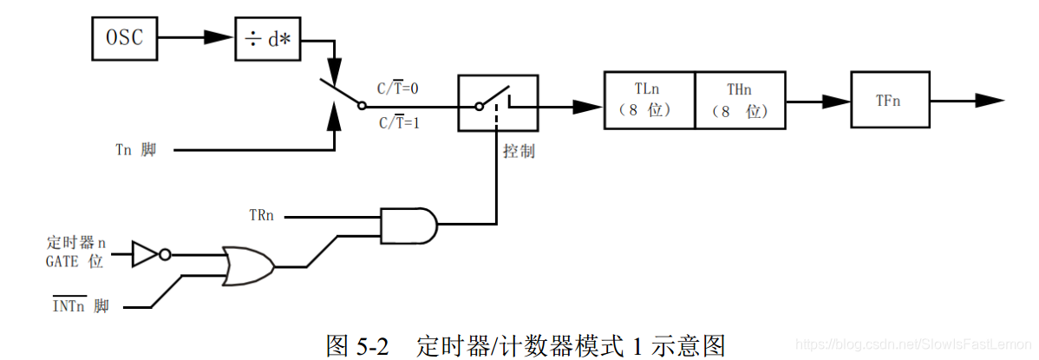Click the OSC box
(124, 39)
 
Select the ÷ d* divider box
(268, 39)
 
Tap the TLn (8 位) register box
(650, 101)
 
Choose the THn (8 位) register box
(741, 101)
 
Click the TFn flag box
(888, 101)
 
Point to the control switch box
(497, 103)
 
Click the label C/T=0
(397, 88)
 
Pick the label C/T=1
(397, 123)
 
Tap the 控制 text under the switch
(519, 151)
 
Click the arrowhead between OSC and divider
(217, 38)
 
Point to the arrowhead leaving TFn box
(990, 101)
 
